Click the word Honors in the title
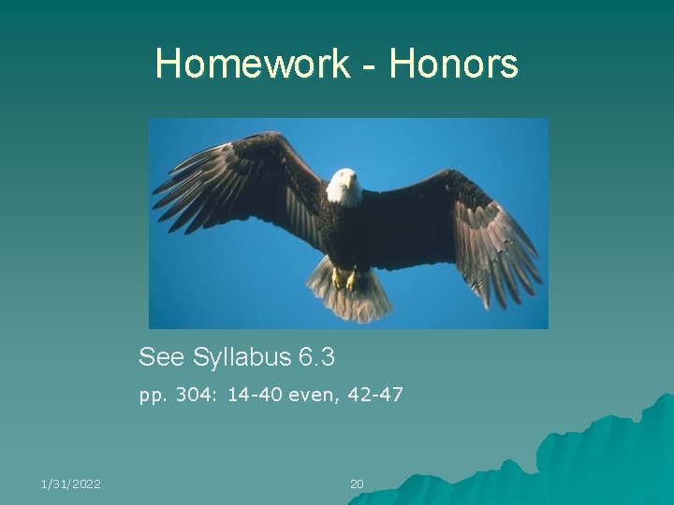[x=454, y=65]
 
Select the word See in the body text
[x=162, y=356]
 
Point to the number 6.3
[x=316, y=356]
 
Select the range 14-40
[x=252, y=395]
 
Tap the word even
[x=314, y=395]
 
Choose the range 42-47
[x=375, y=395]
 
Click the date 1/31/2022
[x=71, y=483]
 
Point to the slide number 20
[x=357, y=483]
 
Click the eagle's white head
[x=344, y=185]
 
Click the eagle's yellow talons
[x=344, y=279]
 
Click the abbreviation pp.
[x=150, y=396]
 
